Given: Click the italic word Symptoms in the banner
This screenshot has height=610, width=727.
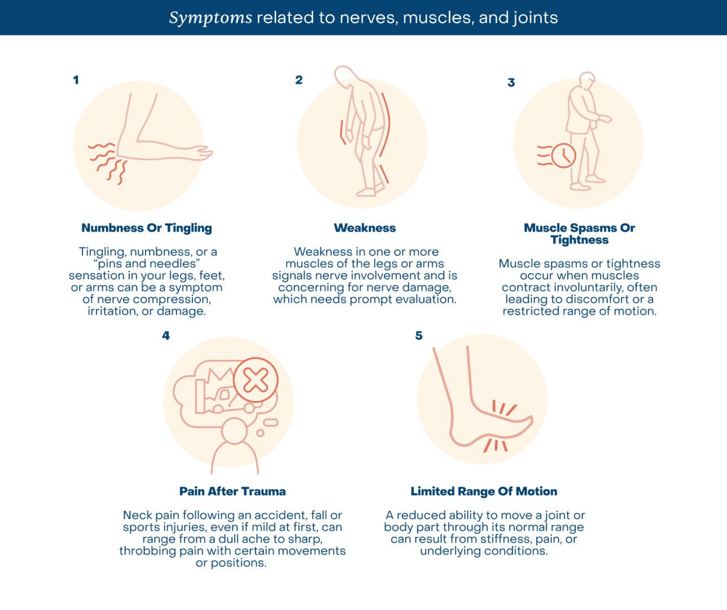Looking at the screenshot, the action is (211, 18).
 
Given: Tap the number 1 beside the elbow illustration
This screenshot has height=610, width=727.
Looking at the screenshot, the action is (76, 80).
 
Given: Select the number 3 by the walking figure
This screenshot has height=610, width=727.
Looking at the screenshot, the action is (511, 82).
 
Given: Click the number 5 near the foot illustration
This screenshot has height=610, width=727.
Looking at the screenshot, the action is (419, 335).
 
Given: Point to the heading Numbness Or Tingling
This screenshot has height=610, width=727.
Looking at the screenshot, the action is (147, 228).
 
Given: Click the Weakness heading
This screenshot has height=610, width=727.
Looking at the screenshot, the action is (365, 228).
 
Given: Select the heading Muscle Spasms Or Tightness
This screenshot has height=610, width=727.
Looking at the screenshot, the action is (579, 234).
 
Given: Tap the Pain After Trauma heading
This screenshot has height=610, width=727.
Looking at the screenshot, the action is (233, 491).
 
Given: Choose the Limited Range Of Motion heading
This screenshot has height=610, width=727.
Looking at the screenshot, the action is (484, 491).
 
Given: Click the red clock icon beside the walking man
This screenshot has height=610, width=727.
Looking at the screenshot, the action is (563, 155).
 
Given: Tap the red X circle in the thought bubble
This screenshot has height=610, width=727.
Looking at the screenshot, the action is (256, 380).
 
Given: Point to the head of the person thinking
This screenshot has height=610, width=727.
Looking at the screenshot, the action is (234, 431).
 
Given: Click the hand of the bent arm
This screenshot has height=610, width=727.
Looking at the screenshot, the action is (203, 153).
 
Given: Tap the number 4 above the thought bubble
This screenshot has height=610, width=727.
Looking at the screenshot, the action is (166, 335).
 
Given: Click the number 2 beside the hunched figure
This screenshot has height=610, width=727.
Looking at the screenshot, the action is (299, 80).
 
